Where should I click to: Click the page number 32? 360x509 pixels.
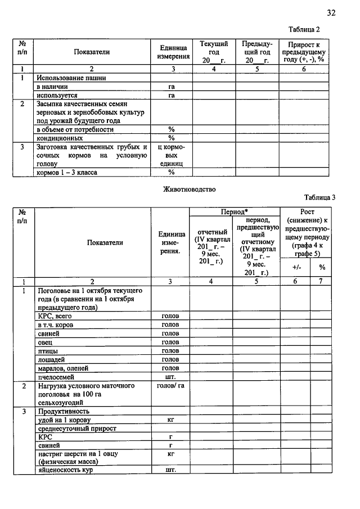coord(331,12)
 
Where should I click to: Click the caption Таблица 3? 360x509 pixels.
coord(320,197)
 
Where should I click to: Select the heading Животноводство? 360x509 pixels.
coord(189,190)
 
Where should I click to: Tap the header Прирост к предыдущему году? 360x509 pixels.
coord(304,52)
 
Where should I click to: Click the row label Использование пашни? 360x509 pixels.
coord(71,78)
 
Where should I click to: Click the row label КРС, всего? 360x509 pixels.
coord(55,316)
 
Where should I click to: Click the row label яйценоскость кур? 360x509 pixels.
coord(65,470)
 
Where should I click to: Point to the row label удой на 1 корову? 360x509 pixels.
coord(64,420)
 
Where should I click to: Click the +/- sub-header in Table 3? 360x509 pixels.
coord(296,268)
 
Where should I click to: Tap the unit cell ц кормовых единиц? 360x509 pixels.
coord(170,155)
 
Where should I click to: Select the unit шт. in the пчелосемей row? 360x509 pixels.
coord(170,377)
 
